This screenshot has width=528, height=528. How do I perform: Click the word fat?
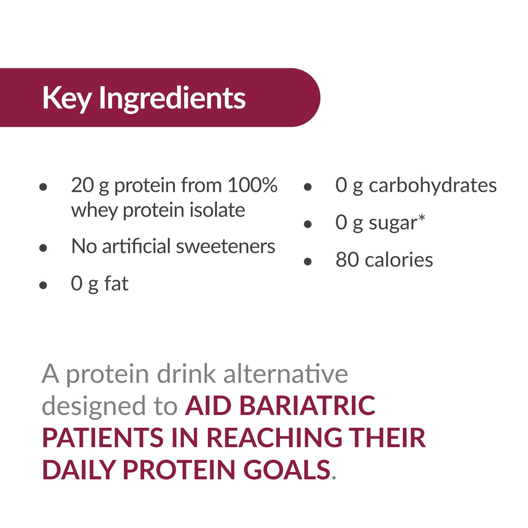pos(116,284)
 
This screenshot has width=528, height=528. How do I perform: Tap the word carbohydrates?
pos(432,186)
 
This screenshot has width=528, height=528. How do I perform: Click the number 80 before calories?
pos(347,260)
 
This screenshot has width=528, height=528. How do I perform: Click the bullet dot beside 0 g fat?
pos(44,286)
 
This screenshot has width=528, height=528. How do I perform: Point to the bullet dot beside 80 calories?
pos(308,261)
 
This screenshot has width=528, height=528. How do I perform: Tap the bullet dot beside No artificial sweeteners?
pos(44,248)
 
